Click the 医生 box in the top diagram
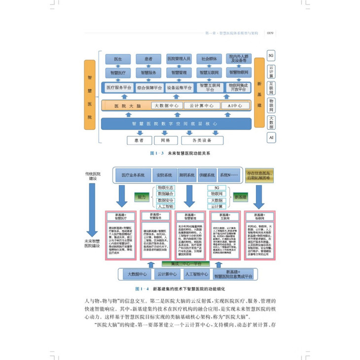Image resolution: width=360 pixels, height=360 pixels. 118,59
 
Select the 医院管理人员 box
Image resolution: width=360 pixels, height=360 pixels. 179,59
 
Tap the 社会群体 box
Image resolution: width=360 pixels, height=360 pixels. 209,59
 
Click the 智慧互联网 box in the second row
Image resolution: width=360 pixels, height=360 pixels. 209,72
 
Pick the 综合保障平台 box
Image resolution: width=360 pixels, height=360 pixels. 149,88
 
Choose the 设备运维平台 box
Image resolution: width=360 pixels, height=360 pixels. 179,88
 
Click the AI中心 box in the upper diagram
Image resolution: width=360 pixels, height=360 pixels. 232,106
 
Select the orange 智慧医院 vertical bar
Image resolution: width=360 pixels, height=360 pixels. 89,95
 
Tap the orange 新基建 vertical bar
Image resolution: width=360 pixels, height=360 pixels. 259,95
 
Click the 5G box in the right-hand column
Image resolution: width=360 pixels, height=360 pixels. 271,55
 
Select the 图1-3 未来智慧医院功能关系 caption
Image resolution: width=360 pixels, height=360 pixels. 180,153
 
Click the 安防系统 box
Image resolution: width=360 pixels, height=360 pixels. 164,176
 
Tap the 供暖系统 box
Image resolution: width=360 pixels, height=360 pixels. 206,176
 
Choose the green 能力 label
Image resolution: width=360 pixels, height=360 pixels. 142,197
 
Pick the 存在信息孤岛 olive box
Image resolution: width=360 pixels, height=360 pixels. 260,176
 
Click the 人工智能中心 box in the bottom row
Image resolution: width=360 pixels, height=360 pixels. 195,274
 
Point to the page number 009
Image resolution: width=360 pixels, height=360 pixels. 270,34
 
